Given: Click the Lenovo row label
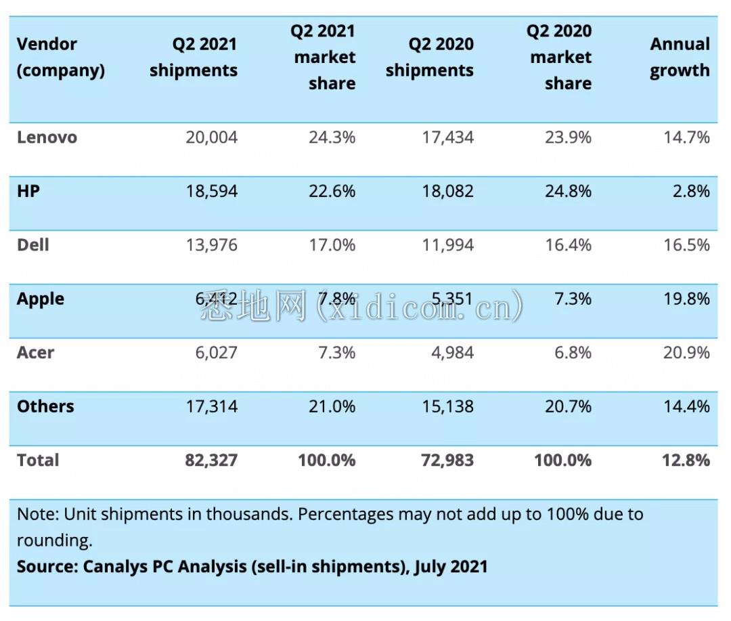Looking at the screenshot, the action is coord(47,137).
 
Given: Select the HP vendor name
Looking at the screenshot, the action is coord(28,191).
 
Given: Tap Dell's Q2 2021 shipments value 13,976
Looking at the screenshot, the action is coord(212,245).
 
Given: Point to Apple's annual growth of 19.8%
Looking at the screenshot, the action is coord(686,299).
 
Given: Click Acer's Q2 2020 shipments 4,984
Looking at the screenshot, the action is coord(452,353).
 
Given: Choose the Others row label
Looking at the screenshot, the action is coord(45,406).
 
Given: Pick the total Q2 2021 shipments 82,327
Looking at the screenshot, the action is coord(211,460).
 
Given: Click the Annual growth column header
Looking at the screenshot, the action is coord(680,57).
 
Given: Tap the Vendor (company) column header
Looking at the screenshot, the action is coord(61,57).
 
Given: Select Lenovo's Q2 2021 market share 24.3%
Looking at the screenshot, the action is coord(332,137).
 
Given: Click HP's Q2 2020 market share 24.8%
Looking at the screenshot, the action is coord(569,191).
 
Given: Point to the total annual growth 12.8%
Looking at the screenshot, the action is coord(686,460).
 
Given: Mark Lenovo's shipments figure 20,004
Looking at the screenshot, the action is coord(212,137).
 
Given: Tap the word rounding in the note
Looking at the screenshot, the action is coord(55,540).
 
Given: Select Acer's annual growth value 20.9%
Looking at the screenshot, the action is coord(686,353).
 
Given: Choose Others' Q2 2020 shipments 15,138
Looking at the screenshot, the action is coord(447,406).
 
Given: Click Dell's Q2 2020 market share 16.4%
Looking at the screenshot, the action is coord(569,245).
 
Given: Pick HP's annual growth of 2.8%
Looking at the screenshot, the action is coord(691,191).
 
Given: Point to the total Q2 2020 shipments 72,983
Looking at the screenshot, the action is coord(447,460).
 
